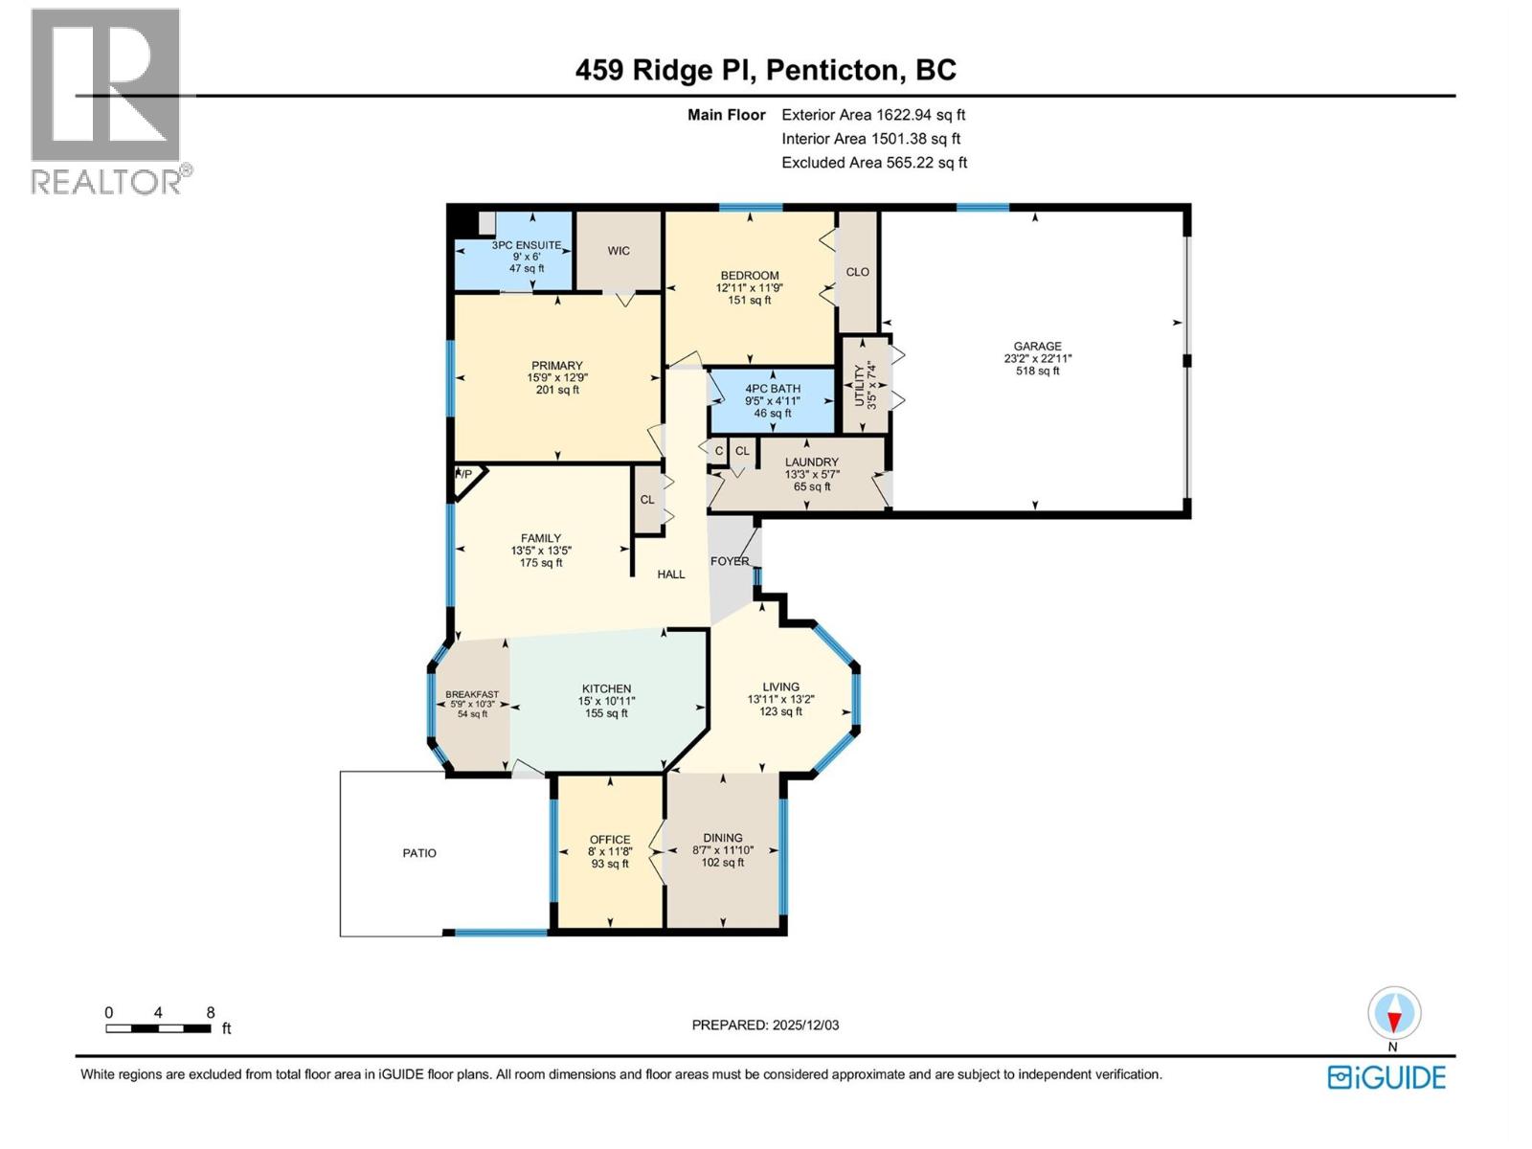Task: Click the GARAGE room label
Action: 1037,347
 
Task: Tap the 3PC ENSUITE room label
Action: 526,245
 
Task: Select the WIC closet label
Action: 619,251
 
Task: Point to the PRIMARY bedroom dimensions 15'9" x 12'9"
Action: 557,377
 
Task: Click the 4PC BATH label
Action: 772,389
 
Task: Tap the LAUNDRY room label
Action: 811,462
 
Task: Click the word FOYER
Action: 730,561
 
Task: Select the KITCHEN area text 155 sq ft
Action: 606,713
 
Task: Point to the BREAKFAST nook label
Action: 471,694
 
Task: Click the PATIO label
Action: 419,853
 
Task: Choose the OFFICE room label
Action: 609,840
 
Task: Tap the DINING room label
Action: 722,838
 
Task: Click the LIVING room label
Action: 780,687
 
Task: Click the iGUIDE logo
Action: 1386,1077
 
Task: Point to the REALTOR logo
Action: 106,101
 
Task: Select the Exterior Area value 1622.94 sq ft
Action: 920,115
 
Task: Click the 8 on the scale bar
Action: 211,1012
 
